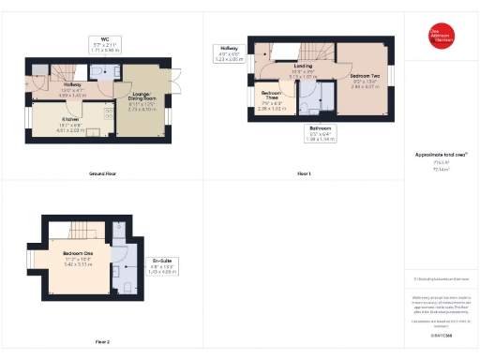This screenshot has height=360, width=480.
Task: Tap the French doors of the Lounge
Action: (173, 82)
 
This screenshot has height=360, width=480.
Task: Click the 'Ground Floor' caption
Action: (102, 174)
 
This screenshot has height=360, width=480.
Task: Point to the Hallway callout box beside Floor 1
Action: (229, 52)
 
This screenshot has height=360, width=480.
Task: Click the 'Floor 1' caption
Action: (304, 174)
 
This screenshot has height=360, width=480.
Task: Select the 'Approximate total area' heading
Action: (441, 154)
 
